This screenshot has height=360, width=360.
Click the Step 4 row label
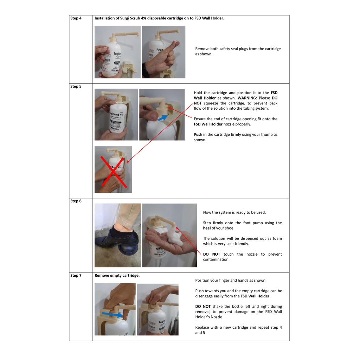76,18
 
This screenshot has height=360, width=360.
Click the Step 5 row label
76,86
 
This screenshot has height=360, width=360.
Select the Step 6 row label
76,201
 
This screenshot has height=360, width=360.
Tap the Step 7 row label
76,275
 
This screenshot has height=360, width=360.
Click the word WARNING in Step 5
246,98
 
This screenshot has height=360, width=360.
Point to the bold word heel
207,228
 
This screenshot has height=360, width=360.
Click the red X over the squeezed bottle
113,172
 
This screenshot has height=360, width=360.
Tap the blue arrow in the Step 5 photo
163,118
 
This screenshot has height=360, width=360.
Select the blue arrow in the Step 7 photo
112,314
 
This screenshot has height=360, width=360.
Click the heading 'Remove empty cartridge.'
117,275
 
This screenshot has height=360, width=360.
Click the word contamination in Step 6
216,259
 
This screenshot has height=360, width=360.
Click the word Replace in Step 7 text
202,327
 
